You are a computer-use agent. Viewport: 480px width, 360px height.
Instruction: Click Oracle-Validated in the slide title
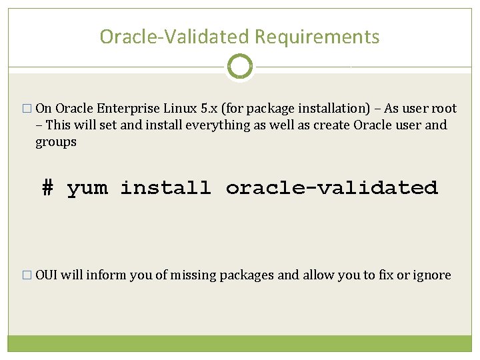tap(175, 37)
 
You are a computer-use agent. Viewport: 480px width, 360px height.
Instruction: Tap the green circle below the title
tap(239, 67)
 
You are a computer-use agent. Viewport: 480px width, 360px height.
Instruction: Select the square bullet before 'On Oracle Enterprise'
tap(27, 109)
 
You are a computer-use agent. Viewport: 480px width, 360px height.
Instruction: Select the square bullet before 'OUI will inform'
tap(27, 275)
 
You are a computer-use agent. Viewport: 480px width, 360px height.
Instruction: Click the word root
tap(444, 109)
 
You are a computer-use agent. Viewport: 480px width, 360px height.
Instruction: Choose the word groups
tap(56, 142)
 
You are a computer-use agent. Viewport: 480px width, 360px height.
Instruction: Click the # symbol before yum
tap(47, 188)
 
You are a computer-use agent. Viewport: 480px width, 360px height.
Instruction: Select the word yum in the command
tap(86, 189)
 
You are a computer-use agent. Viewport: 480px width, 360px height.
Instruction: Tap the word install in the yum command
tap(165, 188)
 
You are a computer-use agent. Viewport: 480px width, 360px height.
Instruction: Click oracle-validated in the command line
tap(331, 188)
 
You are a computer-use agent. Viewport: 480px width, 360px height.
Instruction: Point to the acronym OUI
tap(46, 275)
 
